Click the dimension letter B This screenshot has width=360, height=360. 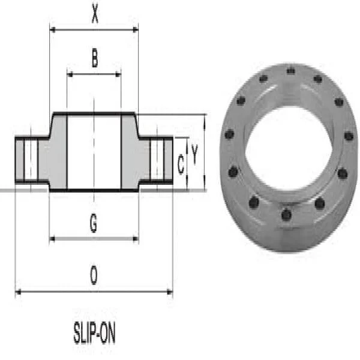pyautogui.click(x=94, y=58)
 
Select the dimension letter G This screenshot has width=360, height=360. pyautogui.click(x=94, y=223)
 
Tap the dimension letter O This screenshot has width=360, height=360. pyautogui.click(x=94, y=276)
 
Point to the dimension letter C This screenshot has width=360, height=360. pyautogui.click(x=181, y=164)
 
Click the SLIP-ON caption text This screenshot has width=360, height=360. pyautogui.click(x=94, y=334)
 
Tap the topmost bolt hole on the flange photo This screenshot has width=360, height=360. pyautogui.click(x=290, y=71)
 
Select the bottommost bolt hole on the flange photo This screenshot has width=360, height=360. pyautogui.click(x=286, y=214)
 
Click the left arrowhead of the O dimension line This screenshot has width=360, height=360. pyautogui.click(x=17, y=292)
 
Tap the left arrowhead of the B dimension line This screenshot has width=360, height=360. pyautogui.click(x=70, y=74)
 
